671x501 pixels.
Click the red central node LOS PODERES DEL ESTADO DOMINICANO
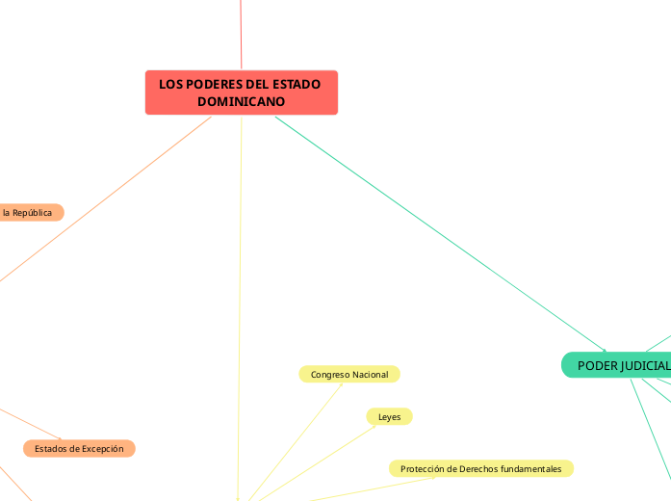[x=241, y=92]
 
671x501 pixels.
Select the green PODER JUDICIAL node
[x=616, y=365]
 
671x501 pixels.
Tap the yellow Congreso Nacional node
[x=349, y=374]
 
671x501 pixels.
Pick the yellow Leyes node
[x=389, y=416]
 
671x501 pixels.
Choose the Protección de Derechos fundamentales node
[x=480, y=468]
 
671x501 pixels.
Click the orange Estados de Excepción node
[x=79, y=448]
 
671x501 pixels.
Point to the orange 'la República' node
[x=29, y=212]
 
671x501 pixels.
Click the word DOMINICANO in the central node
[x=241, y=101]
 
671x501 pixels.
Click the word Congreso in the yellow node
[x=329, y=374]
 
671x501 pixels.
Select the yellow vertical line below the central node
[x=241, y=289]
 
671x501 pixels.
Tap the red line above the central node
[x=241, y=34]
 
